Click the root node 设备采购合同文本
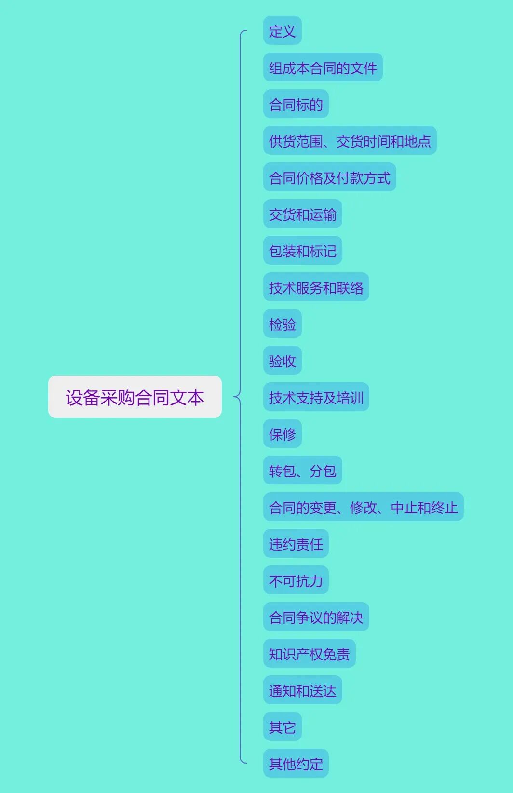tap(135, 397)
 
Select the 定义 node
tap(282, 31)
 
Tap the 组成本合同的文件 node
tap(323, 67)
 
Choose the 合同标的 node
tap(296, 104)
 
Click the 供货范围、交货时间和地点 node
tap(350, 141)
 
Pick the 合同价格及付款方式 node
tap(329, 177)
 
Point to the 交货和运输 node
tap(302, 214)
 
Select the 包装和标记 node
tap(302, 251)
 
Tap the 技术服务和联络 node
tap(316, 287)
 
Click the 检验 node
tap(282, 324)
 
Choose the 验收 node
tap(282, 361)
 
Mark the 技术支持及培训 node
tap(316, 397)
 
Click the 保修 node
tap(282, 434)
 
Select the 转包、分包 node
tap(302, 470)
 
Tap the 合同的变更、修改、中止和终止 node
tap(363, 507)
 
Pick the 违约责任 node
tap(296, 544)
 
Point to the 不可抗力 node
tap(296, 580)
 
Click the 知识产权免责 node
tap(309, 654)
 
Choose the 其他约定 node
tap(296, 764)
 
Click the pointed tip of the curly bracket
tap(234, 397)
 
